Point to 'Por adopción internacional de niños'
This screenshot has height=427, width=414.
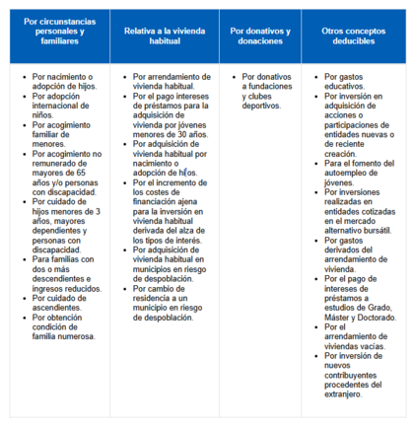63,102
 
